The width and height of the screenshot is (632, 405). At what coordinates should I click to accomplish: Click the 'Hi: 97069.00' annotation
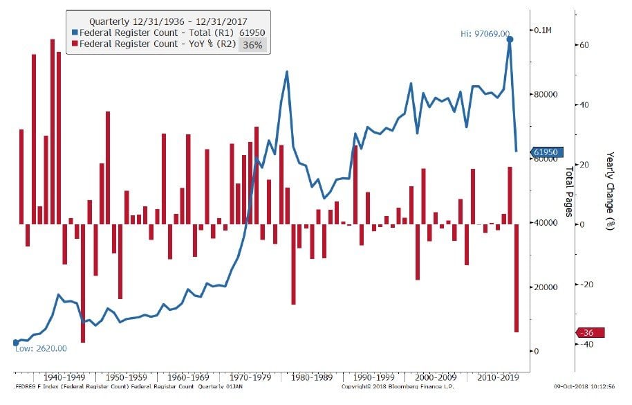pyautogui.click(x=485, y=33)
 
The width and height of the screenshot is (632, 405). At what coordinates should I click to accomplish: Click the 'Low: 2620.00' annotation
pyautogui.click(x=41, y=348)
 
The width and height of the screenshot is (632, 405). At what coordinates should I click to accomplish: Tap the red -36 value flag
pyautogui.click(x=588, y=333)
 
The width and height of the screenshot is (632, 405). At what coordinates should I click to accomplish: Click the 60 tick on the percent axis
pyautogui.click(x=583, y=45)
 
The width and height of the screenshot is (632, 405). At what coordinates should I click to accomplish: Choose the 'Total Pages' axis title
pyautogui.click(x=569, y=191)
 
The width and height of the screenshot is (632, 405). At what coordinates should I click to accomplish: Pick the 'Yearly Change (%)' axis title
pyautogui.click(x=609, y=191)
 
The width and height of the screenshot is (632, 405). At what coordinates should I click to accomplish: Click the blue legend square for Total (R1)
pyautogui.click(x=75, y=33)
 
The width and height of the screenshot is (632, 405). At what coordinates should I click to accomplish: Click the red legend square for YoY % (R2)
pyautogui.click(x=75, y=44)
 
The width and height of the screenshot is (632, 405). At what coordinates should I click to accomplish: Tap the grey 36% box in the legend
pyautogui.click(x=252, y=44)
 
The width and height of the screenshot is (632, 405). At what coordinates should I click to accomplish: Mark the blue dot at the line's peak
pyautogui.click(x=510, y=39)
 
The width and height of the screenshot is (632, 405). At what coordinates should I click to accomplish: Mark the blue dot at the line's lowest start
pyautogui.click(x=15, y=343)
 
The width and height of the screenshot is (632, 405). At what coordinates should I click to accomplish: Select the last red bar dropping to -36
pyautogui.click(x=516, y=278)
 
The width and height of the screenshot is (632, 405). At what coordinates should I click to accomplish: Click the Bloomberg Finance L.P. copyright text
pyautogui.click(x=384, y=386)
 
